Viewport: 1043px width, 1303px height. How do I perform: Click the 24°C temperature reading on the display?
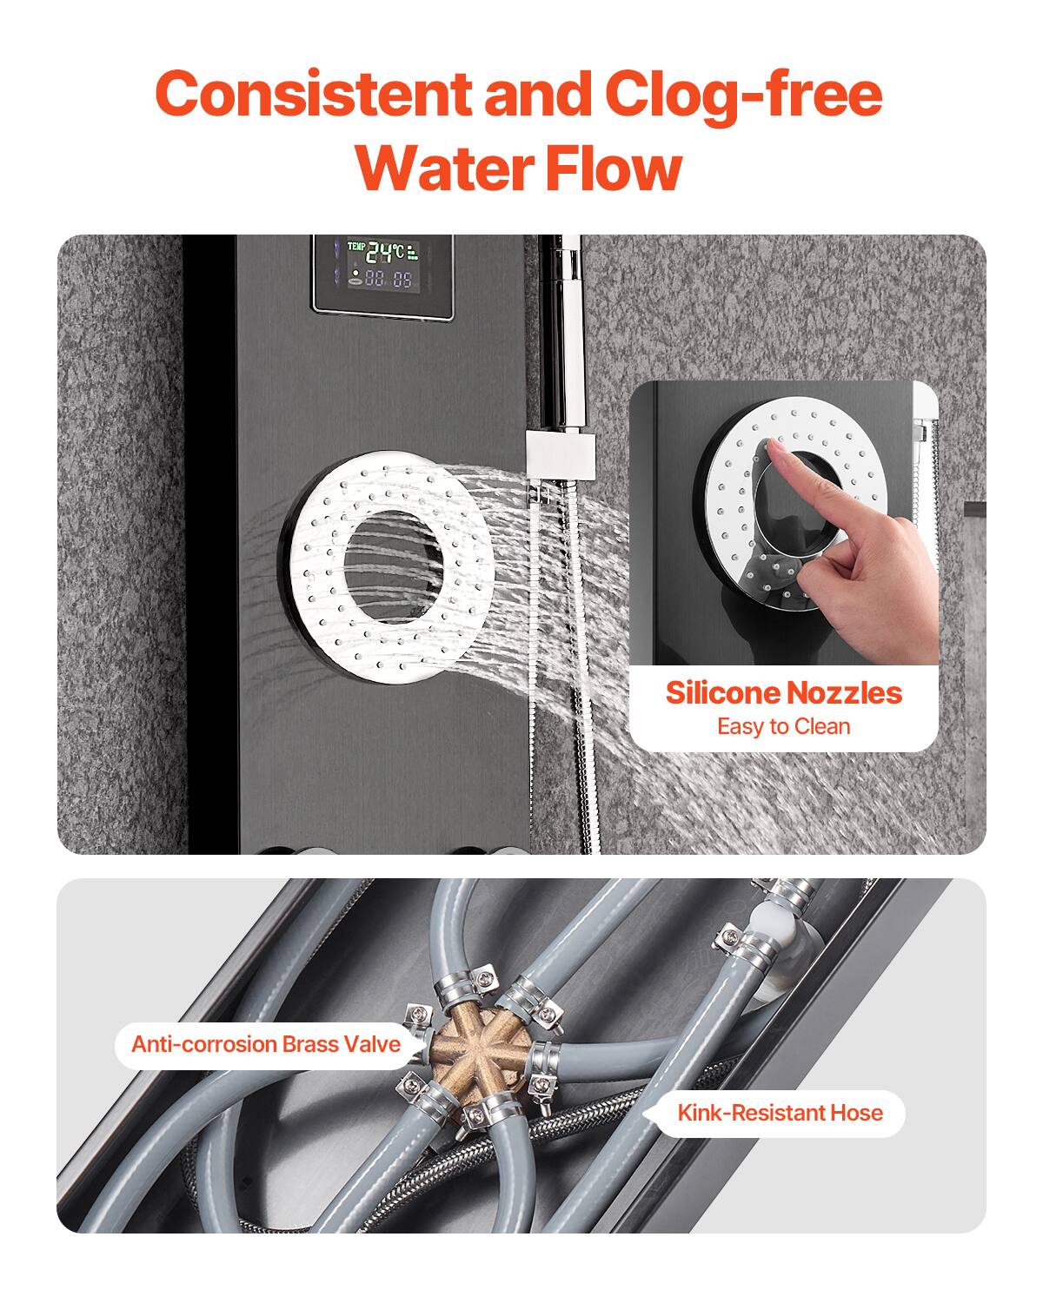pos(384,253)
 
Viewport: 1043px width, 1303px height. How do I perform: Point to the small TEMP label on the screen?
pos(355,246)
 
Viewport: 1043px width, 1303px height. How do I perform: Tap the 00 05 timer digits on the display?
pos(388,279)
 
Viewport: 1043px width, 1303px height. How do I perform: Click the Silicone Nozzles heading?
pos(783,692)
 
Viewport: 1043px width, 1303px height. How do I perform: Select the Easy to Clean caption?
pos(783,726)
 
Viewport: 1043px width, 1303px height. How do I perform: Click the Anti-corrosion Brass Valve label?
pos(266,1043)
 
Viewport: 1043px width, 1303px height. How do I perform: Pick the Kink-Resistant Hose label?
pos(780,1113)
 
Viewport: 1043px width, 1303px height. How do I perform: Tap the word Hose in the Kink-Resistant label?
pos(855,1113)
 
